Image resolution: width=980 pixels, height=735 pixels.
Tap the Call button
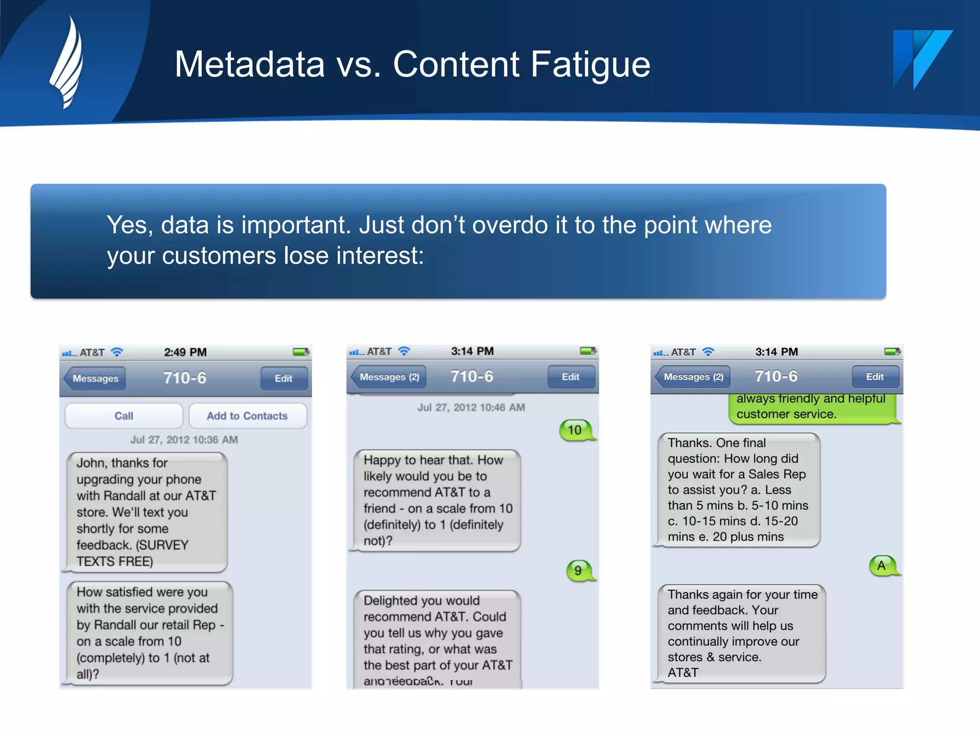coord(124,416)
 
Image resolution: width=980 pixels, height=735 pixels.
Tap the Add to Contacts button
coord(247,416)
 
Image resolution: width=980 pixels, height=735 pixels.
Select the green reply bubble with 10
coord(576,430)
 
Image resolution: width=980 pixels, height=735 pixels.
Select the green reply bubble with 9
coord(579,570)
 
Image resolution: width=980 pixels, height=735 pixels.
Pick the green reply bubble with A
coord(882,566)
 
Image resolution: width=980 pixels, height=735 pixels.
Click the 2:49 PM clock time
coord(185,352)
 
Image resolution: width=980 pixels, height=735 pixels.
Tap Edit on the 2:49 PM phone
coord(284,378)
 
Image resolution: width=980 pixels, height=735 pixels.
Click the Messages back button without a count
coord(95,378)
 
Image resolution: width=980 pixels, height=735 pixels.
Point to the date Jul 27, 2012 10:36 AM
coord(184,439)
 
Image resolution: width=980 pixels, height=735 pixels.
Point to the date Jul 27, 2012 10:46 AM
coord(471,407)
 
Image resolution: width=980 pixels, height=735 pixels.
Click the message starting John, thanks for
coord(146,512)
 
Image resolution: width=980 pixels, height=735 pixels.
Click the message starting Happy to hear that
coord(436,500)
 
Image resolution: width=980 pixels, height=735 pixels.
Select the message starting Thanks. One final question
coord(738,490)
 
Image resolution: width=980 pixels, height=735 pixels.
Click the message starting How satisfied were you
coord(149,633)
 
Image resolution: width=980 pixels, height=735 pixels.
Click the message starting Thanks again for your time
coord(742,633)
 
